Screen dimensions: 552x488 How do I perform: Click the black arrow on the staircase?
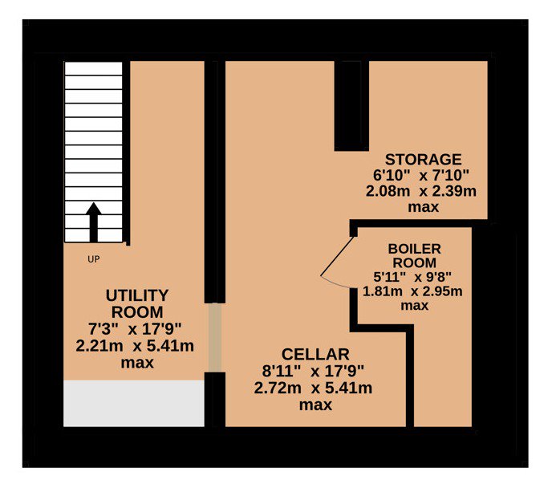(x=94, y=222)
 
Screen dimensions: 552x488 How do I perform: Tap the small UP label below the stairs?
(x=94, y=259)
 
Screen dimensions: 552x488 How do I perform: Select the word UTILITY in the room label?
(x=137, y=295)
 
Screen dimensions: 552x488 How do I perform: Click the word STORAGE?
(x=423, y=160)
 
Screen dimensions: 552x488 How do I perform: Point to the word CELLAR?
(x=315, y=354)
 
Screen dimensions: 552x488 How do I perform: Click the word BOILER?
(x=414, y=249)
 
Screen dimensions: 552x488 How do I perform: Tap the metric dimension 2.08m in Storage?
(x=388, y=191)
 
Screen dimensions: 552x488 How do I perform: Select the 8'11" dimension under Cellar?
(x=282, y=371)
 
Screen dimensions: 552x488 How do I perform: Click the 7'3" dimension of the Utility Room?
(x=103, y=329)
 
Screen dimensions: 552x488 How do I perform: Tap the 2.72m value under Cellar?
(x=278, y=388)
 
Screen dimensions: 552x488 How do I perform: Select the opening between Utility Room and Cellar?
(x=215, y=338)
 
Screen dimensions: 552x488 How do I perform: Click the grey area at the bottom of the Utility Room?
(x=134, y=404)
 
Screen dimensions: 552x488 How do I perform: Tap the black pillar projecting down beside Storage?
(x=351, y=106)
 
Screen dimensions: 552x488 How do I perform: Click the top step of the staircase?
(x=93, y=69)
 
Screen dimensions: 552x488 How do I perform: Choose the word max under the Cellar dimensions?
(x=315, y=405)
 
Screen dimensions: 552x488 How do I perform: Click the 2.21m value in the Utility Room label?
(x=99, y=346)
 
